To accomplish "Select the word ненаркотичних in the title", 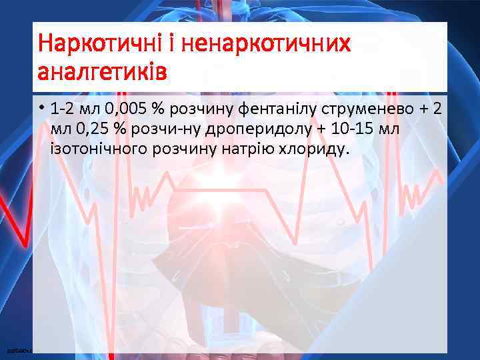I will [265, 44].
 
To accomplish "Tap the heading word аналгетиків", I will [103, 71].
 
